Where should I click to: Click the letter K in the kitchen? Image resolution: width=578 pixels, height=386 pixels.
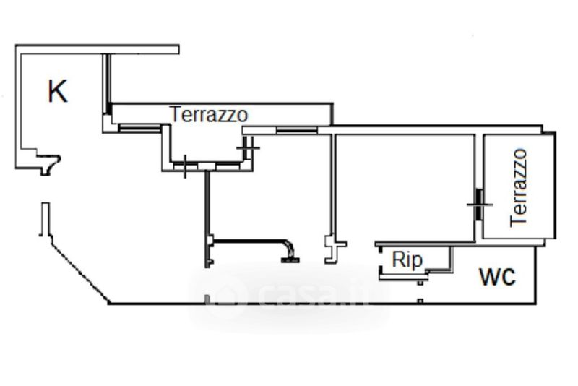click(58, 91)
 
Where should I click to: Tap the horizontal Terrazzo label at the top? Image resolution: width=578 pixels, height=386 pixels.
click(209, 114)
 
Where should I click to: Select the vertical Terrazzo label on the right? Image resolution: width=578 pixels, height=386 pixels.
click(518, 187)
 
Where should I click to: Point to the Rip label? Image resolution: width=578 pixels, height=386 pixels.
click(407, 260)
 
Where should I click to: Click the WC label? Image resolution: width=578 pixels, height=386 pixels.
click(497, 277)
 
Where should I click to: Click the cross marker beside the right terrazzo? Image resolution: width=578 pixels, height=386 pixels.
click(480, 205)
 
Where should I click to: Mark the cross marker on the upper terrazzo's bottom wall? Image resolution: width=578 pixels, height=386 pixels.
click(185, 167)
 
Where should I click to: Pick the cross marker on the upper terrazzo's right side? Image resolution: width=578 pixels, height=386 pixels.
click(248, 148)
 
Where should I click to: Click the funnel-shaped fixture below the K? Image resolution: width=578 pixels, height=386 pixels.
click(48, 163)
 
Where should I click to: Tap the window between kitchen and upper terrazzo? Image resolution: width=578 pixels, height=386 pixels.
click(139, 128)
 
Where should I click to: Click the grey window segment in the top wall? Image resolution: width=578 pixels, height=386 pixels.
click(297, 130)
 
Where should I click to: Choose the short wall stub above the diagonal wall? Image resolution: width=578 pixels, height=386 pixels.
click(45, 219)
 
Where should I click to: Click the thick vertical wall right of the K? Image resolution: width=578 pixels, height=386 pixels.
click(108, 84)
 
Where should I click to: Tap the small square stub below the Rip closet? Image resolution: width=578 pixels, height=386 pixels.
click(420, 283)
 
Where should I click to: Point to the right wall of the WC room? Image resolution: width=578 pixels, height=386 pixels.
click(535, 275)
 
